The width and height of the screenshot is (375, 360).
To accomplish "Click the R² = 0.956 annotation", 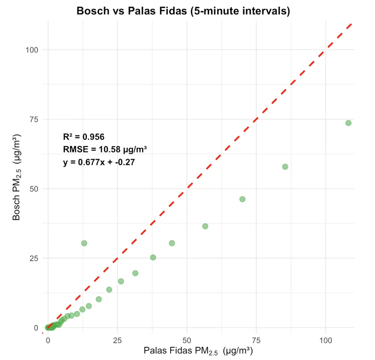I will tap(83, 137).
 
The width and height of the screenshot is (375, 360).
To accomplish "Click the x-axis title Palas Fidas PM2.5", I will tap(198, 351).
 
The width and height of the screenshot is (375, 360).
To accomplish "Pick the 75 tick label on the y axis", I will tap(34, 119).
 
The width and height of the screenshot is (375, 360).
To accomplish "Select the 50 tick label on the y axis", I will tap(34, 189).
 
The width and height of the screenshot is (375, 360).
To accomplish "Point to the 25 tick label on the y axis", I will tap(34, 258).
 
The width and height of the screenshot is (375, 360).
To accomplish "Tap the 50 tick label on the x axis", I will tap(187, 339).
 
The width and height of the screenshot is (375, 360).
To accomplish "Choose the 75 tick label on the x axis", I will tap(256, 339).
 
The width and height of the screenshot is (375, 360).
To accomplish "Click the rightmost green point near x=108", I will tap(348, 123).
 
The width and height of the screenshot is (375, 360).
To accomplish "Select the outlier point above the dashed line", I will tap(84, 243).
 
